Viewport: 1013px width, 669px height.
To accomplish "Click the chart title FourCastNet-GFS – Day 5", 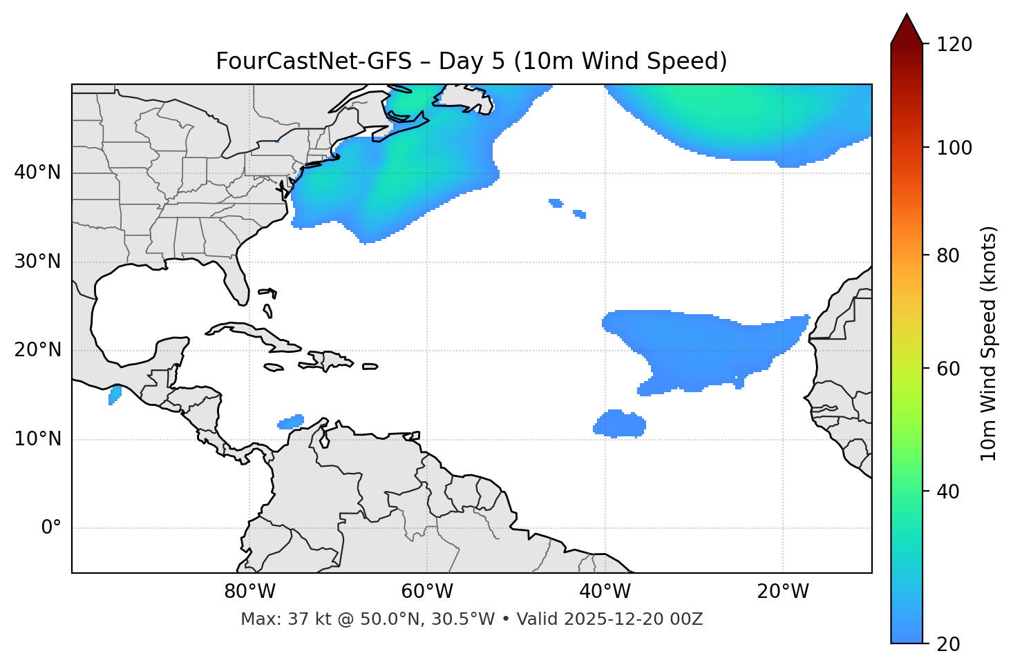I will click(471, 61).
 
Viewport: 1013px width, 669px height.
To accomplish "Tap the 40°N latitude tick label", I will click(37, 173).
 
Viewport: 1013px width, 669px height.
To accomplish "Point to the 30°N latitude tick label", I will click(37, 262).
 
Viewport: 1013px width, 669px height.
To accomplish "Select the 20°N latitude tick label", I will click(37, 350).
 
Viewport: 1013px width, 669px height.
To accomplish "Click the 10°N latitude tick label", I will click(37, 439).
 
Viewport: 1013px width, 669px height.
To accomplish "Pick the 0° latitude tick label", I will click(51, 528).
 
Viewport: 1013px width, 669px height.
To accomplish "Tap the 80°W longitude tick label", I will click(249, 592).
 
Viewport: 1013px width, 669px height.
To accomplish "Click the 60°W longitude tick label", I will click(427, 592).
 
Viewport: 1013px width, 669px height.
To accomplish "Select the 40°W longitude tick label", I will click(605, 592).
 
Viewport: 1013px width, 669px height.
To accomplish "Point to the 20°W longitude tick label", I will click(782, 592).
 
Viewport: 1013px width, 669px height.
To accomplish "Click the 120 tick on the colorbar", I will click(955, 44).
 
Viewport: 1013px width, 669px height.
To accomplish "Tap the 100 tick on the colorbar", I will click(955, 148).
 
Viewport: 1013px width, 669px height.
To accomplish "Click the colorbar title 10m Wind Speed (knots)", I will click(989, 343).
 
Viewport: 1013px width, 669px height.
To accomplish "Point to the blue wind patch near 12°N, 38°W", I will click(621, 424).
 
